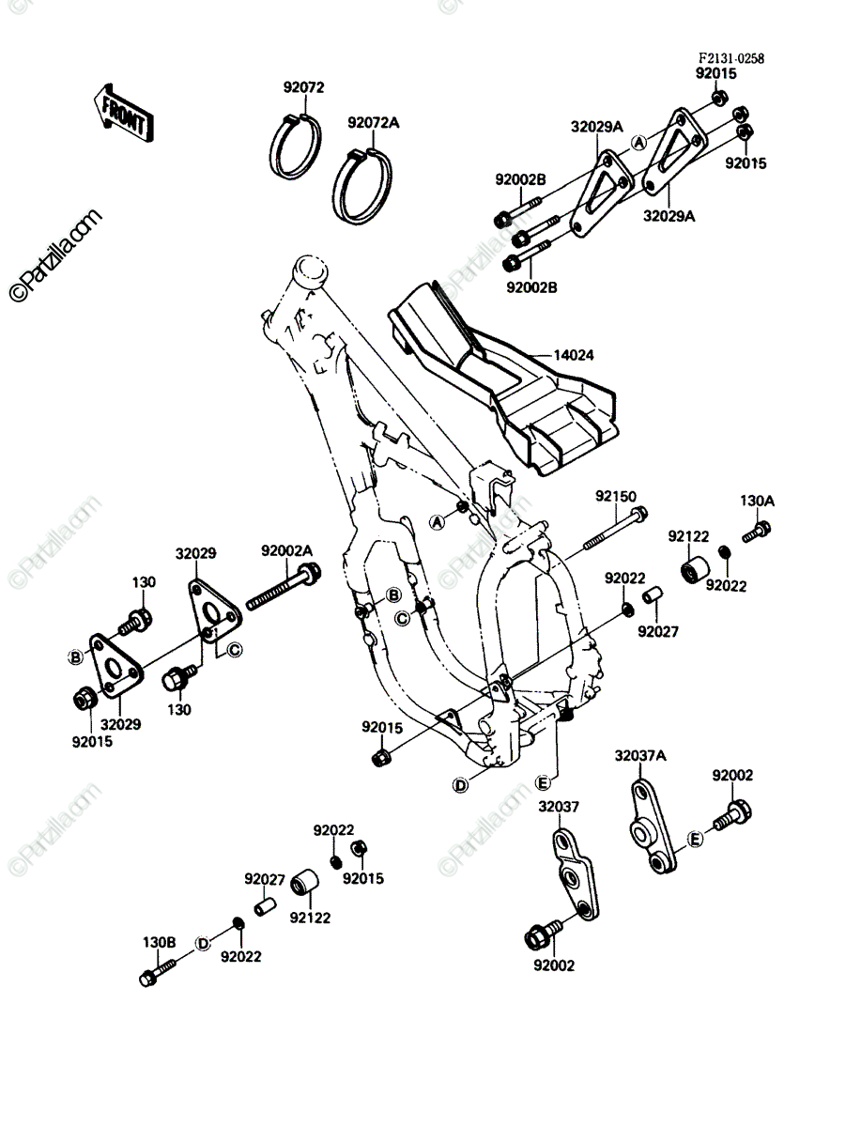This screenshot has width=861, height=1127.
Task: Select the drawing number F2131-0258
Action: pyautogui.click(x=730, y=58)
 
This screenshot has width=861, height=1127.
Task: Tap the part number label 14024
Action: pyautogui.click(x=574, y=355)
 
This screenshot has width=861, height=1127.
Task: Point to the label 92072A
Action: pyautogui.click(x=373, y=123)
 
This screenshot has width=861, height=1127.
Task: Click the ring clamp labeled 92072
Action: pyautogui.click(x=295, y=147)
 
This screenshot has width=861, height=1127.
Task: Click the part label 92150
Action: pyautogui.click(x=616, y=497)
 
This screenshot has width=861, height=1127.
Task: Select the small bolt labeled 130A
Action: pyautogui.click(x=757, y=531)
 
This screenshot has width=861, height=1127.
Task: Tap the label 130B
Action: pyautogui.click(x=159, y=942)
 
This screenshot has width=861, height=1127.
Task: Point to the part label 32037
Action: pyautogui.click(x=559, y=807)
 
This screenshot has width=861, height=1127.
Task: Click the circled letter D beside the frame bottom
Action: pyautogui.click(x=460, y=784)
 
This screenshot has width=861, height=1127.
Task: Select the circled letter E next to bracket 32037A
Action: pyautogui.click(x=695, y=840)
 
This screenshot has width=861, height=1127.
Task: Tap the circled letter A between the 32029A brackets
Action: pyautogui.click(x=638, y=142)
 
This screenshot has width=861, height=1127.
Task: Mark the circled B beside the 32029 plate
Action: pyautogui.click(x=76, y=656)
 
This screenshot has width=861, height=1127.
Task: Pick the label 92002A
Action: pyautogui.click(x=286, y=550)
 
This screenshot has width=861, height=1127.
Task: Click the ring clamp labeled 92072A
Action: pyautogui.click(x=362, y=186)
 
